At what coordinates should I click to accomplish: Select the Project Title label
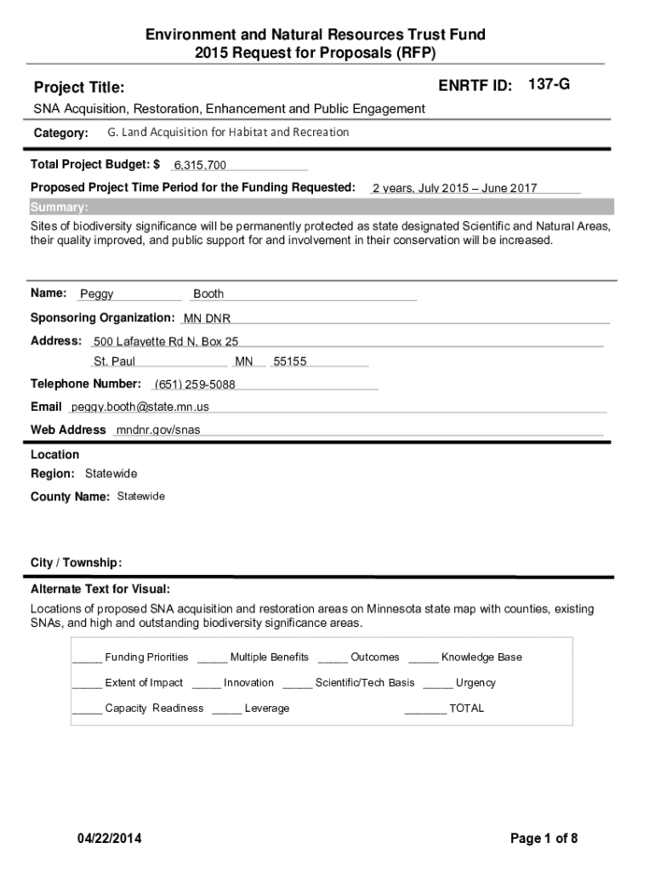coord(79,88)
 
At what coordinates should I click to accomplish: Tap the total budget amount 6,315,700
coord(200,165)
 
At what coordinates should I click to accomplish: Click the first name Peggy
coord(97,294)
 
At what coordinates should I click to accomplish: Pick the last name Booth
coord(208,294)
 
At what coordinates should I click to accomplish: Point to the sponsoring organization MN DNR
coord(207,319)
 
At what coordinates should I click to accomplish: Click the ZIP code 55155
coord(290,361)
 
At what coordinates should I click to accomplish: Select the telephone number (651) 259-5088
coord(195,384)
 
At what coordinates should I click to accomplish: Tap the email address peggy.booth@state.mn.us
coord(140,407)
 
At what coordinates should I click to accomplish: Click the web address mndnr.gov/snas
coord(158,430)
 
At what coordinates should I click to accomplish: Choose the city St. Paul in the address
coord(114,361)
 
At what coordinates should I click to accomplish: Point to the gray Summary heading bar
coord(321,208)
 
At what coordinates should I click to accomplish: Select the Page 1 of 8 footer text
coord(544,840)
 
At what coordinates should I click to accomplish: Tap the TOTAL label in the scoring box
coord(466,708)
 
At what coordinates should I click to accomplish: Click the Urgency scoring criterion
coord(476,682)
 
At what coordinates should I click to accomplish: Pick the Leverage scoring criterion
coord(267,708)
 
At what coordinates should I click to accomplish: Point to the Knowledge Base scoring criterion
coord(481,657)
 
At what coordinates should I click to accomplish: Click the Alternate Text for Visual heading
coord(100,589)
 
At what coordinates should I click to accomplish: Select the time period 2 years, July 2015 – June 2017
coord(454,189)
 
